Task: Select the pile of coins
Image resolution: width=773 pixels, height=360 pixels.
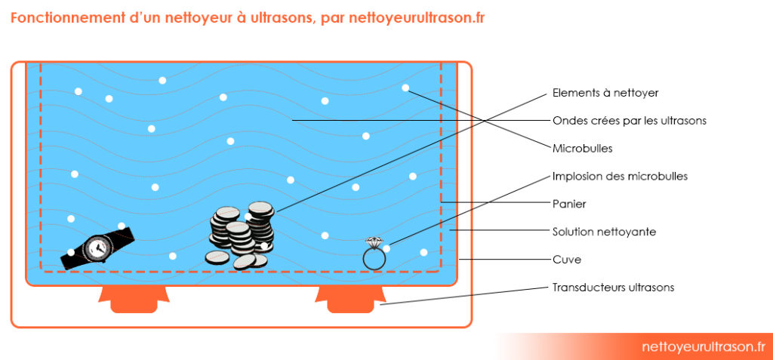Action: (240, 235)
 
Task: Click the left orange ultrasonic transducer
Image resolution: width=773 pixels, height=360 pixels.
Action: (133, 299)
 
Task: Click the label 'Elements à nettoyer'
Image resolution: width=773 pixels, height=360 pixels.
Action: (605, 93)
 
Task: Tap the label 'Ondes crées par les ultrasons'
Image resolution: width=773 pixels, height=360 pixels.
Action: (630, 120)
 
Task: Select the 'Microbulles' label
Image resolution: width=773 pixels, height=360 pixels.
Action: (582, 148)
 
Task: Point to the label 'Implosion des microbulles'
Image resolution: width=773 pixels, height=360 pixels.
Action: (620, 176)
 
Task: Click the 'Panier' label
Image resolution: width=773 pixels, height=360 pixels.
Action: (569, 204)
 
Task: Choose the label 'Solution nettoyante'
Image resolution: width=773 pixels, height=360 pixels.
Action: (604, 232)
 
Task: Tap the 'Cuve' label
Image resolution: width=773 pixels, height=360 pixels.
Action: (567, 260)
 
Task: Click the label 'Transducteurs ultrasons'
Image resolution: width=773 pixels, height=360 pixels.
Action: (613, 288)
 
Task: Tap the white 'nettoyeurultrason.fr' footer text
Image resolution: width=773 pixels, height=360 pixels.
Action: (703, 346)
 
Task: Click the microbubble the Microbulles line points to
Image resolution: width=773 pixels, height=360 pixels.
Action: (405, 88)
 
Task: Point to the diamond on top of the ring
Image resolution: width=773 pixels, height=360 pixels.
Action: (373, 242)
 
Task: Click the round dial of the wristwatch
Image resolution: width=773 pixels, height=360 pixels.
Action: (96, 247)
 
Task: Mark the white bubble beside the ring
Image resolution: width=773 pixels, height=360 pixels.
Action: (387, 248)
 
